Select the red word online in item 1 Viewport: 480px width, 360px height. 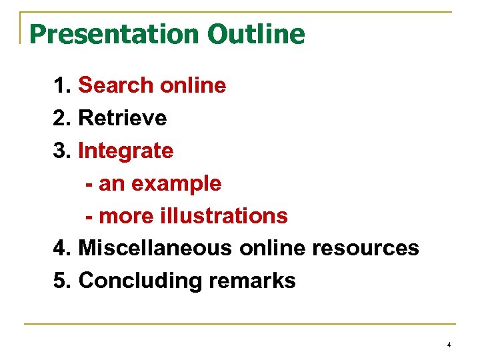193,85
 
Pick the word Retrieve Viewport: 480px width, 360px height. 123,118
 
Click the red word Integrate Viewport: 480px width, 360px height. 126,151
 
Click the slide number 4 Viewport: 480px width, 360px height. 449,345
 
